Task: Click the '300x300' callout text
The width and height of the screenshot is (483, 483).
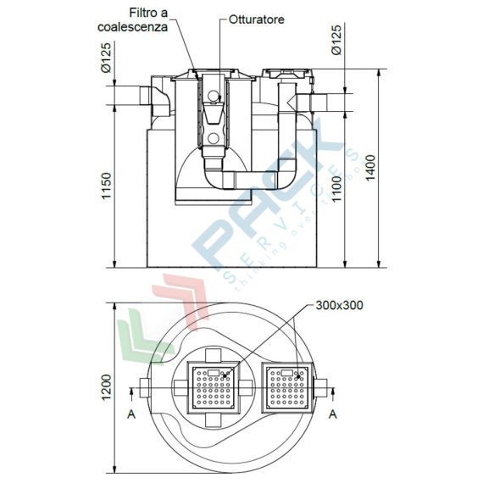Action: coord(338,305)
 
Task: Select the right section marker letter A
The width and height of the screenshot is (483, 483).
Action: coord(332,414)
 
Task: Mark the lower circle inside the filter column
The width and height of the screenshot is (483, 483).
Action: coord(214,138)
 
